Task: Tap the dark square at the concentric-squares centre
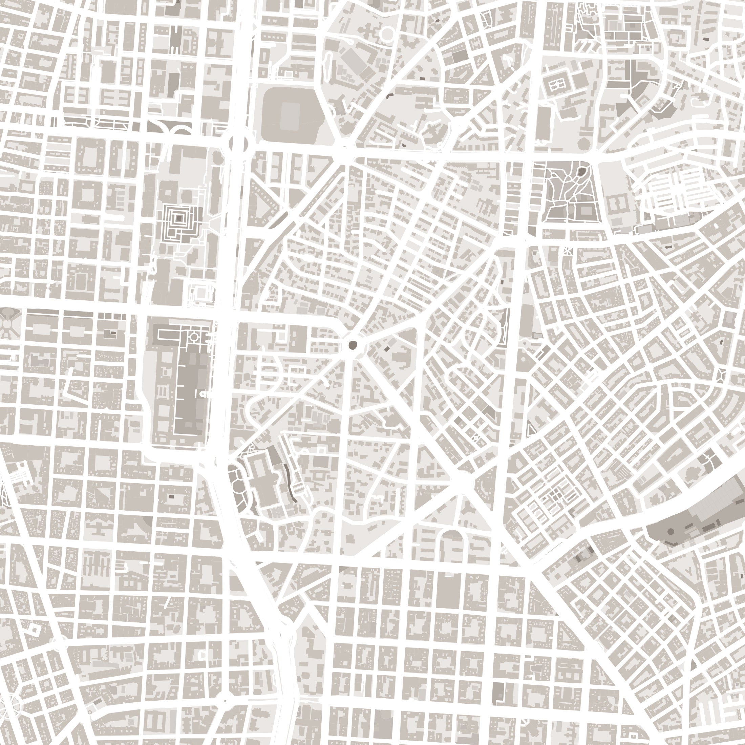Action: click(178, 218)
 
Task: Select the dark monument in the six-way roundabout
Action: click(352, 345)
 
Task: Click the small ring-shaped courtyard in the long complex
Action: click(194, 337)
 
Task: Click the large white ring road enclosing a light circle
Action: click(386, 34)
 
